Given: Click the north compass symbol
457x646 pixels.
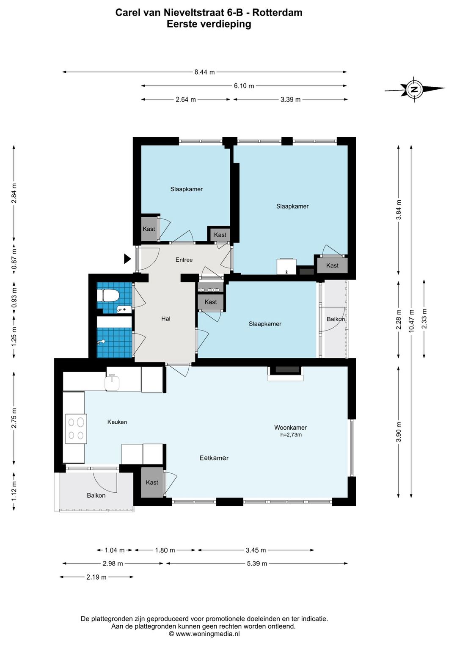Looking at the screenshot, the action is (414, 89).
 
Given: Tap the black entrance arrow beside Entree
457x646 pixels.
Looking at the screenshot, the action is (127, 259).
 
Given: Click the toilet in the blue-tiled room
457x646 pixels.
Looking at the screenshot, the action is (108, 296).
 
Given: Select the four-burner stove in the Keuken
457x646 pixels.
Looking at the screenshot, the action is (76, 428).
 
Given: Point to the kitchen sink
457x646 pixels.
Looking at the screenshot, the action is (113, 382).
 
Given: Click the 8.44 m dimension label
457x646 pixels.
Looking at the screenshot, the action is (204, 72).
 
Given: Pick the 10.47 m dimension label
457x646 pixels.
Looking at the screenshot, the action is (411, 321).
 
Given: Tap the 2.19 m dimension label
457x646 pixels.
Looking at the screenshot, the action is (96, 577).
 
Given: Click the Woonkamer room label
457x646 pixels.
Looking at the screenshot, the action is (290, 428).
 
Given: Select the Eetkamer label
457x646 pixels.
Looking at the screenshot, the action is (214, 458).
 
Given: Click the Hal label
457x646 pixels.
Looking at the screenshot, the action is (166, 318).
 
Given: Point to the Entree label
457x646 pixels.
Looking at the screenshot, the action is (184, 260).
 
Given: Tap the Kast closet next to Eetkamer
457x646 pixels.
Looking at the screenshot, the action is (152, 483).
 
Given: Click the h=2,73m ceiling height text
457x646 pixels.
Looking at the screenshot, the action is (291, 435).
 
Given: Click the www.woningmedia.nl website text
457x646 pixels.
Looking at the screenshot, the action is (208, 634).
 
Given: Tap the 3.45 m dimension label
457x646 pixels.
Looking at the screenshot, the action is (256, 550).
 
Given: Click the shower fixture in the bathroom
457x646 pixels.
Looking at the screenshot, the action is (101, 342).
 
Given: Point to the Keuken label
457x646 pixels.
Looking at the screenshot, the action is (117, 422).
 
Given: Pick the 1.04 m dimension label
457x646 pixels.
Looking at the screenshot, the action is (115, 550).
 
